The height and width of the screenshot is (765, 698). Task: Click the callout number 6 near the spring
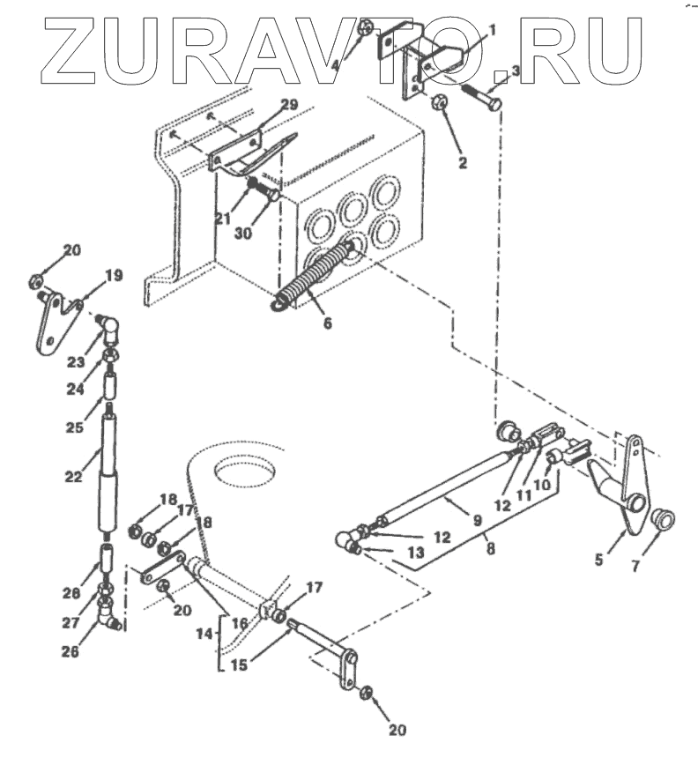pos(327,323)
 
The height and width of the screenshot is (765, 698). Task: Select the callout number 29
pos(290,105)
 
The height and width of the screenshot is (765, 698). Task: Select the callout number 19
pos(115,276)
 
